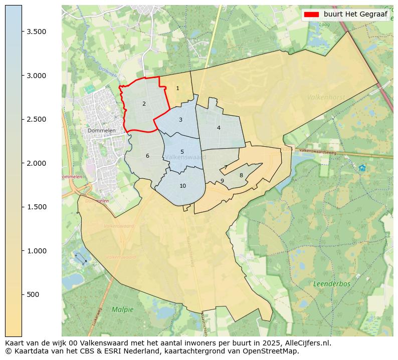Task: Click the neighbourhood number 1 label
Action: pyautogui.click(x=177, y=89)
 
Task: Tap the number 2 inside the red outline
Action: pyautogui.click(x=144, y=104)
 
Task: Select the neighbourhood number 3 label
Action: pyautogui.click(x=180, y=120)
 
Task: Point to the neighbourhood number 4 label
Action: pyautogui.click(x=219, y=128)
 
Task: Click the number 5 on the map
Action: pyautogui.click(x=182, y=152)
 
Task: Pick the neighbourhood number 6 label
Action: pyautogui.click(x=147, y=156)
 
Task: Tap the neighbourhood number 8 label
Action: pyautogui.click(x=241, y=176)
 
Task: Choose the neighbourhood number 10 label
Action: pyautogui.click(x=182, y=186)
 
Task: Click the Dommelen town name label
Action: pyautogui.click(x=102, y=131)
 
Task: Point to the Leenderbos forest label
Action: pyautogui.click(x=332, y=284)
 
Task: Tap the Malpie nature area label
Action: pyautogui.click(x=123, y=309)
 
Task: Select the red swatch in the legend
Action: pyautogui.click(x=311, y=14)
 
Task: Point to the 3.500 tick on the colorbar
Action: pyautogui.click(x=37, y=32)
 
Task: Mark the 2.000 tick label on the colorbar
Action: pyautogui.click(x=37, y=163)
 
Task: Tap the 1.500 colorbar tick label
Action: pyautogui.click(x=37, y=207)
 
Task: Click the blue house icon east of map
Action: pyautogui.click(x=362, y=168)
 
